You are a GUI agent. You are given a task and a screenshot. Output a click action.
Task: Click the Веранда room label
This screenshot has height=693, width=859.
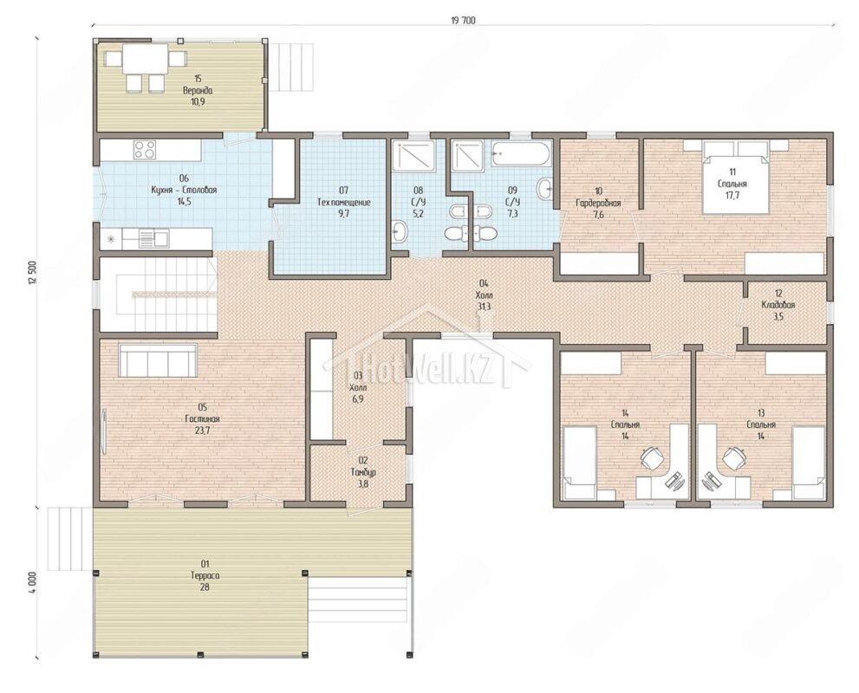(x=198, y=91)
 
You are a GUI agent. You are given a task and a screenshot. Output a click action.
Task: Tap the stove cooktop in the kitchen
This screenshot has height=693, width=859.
(x=145, y=150)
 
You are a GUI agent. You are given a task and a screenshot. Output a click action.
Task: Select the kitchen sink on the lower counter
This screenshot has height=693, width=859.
(x=154, y=237)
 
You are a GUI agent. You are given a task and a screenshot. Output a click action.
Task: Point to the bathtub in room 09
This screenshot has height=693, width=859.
(x=518, y=154)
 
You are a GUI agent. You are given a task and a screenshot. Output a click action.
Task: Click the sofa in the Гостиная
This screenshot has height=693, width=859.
(x=158, y=359)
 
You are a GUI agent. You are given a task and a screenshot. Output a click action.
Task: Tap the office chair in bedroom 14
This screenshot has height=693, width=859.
(x=651, y=457)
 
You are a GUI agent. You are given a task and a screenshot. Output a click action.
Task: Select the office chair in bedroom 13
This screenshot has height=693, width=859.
(x=733, y=457)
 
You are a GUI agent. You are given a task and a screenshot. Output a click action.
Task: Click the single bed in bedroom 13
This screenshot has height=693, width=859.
(x=809, y=463)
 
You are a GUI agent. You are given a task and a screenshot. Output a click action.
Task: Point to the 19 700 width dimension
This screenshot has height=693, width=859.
(x=464, y=21)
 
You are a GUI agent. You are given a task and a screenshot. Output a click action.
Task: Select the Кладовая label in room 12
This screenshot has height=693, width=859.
(x=778, y=305)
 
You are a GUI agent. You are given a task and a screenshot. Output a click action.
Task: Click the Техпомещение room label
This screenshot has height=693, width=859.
(x=344, y=202)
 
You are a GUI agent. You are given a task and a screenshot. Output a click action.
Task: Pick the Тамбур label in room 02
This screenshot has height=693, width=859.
(x=363, y=472)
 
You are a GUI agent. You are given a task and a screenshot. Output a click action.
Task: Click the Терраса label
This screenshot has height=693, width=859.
(x=205, y=575)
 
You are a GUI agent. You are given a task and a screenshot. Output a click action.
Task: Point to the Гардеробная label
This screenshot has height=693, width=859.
(x=598, y=203)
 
